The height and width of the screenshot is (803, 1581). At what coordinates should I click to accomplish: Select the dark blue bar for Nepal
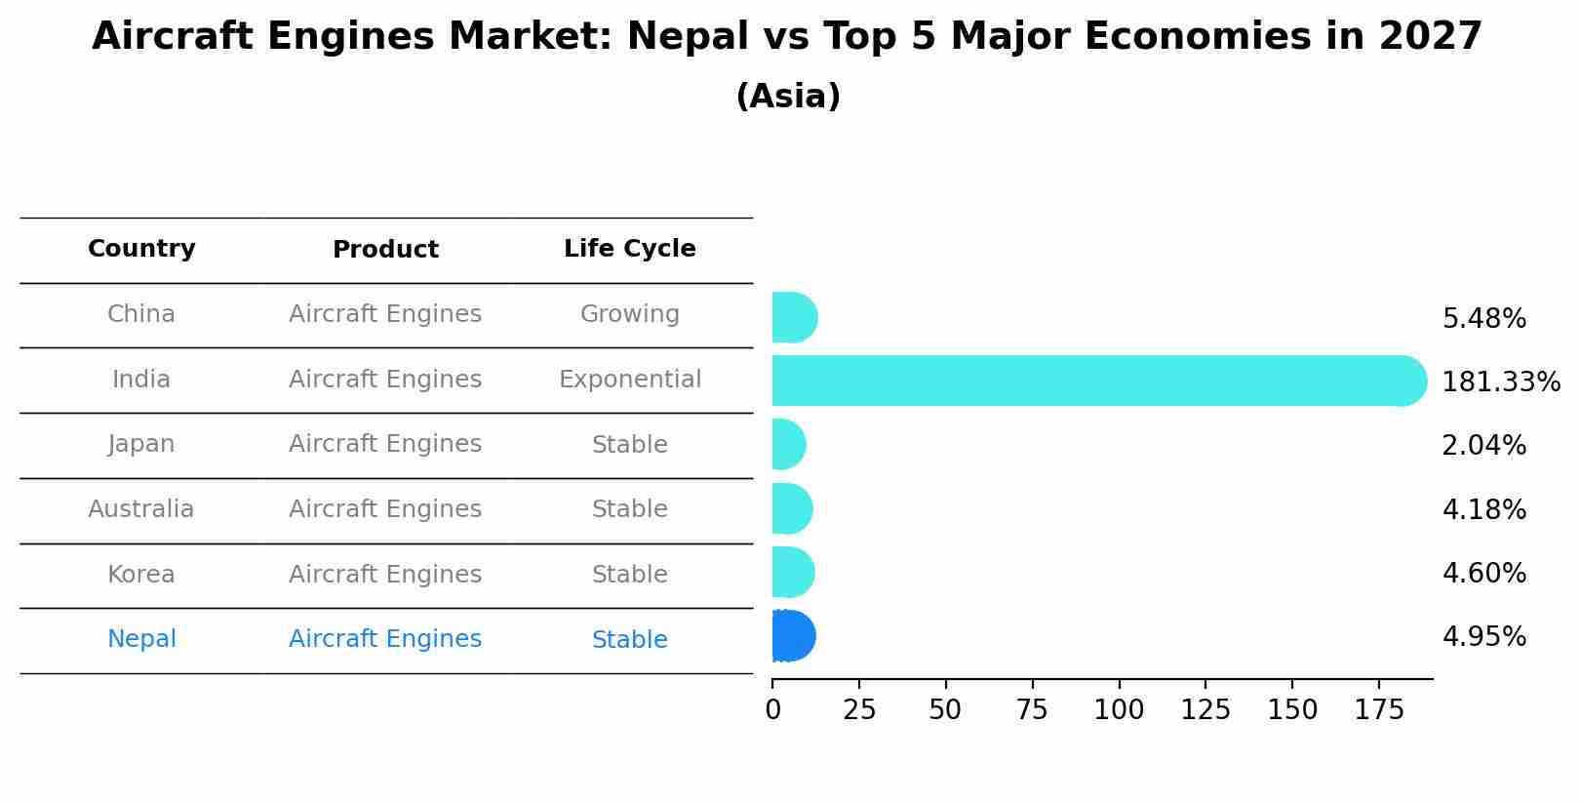click(x=793, y=636)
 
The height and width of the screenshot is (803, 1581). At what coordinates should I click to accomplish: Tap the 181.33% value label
click(x=1500, y=382)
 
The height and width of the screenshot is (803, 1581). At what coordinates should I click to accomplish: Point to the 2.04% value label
click(x=1483, y=446)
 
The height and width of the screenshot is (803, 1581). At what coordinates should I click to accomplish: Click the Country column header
click(x=141, y=249)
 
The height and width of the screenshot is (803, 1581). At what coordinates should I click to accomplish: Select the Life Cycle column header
click(x=629, y=249)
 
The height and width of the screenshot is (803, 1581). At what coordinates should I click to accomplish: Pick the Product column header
click(x=385, y=250)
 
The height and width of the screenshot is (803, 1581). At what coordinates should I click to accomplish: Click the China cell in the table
click(x=141, y=314)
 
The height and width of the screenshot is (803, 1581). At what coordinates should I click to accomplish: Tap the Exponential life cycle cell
click(x=629, y=380)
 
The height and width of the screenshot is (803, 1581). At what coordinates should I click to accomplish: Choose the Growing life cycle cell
click(x=629, y=314)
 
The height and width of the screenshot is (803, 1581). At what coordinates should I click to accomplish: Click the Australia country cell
click(x=141, y=509)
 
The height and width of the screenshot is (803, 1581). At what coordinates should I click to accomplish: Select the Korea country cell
click(x=141, y=575)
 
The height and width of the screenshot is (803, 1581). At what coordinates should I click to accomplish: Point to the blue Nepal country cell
click(x=141, y=639)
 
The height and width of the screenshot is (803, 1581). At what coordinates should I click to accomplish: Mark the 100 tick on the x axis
click(x=1119, y=709)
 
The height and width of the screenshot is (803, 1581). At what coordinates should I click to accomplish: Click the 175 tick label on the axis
click(x=1378, y=709)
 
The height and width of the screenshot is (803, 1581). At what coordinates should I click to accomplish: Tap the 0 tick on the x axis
click(x=773, y=709)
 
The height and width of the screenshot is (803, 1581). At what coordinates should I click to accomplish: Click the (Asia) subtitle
click(x=788, y=97)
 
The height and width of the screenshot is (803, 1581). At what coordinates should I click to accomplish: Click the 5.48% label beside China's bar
click(x=1483, y=319)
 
